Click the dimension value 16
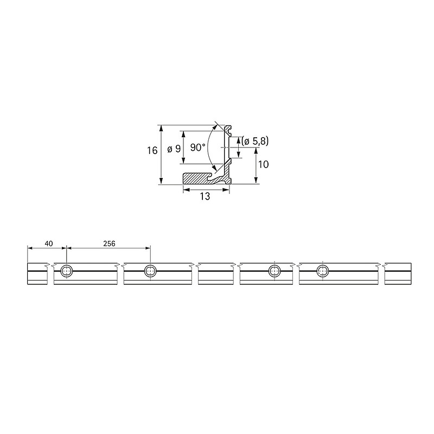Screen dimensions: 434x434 [x=152, y=150]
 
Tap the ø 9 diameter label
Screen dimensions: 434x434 [x=174, y=149]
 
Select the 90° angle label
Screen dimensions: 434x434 [x=198, y=148]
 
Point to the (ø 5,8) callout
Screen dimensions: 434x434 [x=255, y=141]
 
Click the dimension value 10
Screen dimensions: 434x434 [x=263, y=164]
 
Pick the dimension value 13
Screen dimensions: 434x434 [x=205, y=196]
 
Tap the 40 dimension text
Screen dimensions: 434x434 [x=48, y=244]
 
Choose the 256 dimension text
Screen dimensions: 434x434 [x=109, y=244]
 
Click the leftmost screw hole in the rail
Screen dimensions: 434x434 [x=67, y=271]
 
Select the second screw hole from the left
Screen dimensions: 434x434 [x=150, y=271]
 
